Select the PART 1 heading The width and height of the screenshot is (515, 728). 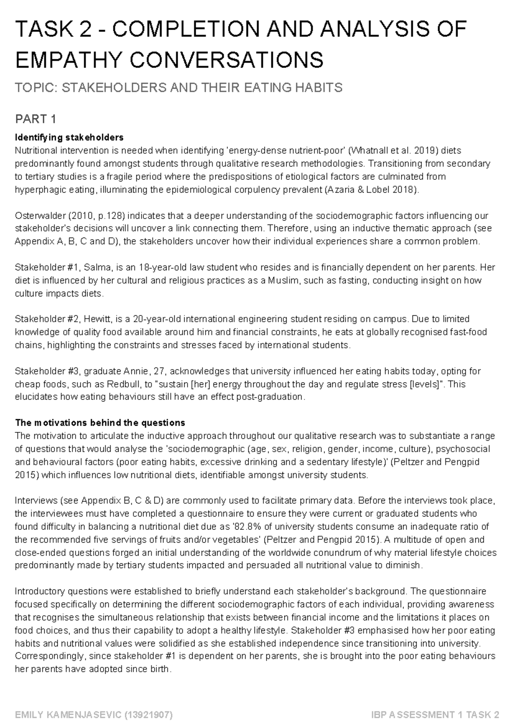pos(36,119)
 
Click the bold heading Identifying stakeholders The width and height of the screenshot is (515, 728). pos(69,138)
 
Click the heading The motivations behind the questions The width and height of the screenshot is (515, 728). pos(100,423)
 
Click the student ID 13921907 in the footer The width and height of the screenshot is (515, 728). pos(148,715)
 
